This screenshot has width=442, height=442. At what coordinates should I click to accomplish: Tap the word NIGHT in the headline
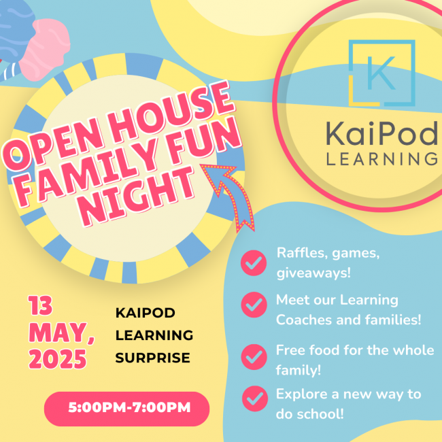137,197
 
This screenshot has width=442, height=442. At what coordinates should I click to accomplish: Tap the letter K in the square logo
381,73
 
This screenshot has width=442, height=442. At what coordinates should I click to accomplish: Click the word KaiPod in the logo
382,133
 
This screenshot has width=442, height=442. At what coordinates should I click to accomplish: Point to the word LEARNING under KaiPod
382,158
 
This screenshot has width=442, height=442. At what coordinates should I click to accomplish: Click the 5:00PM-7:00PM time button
127,409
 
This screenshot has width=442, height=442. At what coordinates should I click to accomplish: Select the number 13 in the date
40,305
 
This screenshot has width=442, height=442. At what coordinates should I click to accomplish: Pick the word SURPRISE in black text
152,358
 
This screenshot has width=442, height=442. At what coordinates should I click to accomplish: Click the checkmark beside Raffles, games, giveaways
254,262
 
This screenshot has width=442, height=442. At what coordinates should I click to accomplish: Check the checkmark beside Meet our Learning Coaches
254,305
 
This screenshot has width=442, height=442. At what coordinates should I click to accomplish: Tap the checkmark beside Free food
254,357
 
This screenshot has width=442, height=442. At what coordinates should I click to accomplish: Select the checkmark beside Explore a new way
255,398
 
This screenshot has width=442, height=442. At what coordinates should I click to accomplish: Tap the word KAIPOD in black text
145,313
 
